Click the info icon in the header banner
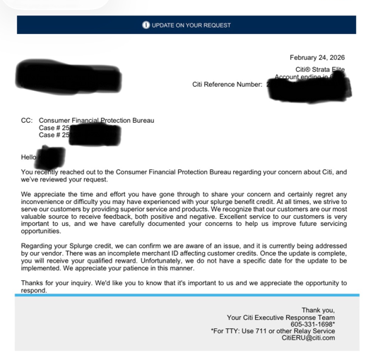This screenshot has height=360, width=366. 146,25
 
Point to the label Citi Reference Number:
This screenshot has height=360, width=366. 227,85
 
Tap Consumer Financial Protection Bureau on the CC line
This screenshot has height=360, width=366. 96,121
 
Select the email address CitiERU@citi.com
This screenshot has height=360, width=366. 308,338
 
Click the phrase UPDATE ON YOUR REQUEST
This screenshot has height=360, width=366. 191,25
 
